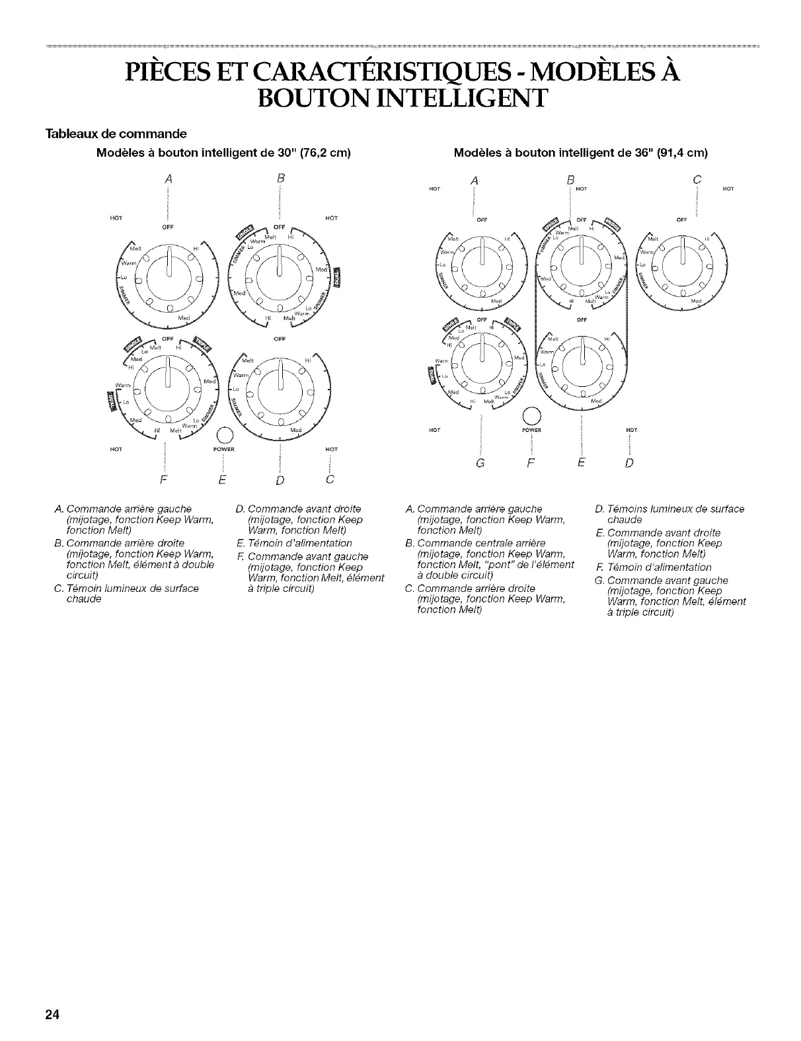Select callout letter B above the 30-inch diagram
tap(280, 177)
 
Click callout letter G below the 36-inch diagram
tap(480, 462)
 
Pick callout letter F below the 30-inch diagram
tap(163, 478)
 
